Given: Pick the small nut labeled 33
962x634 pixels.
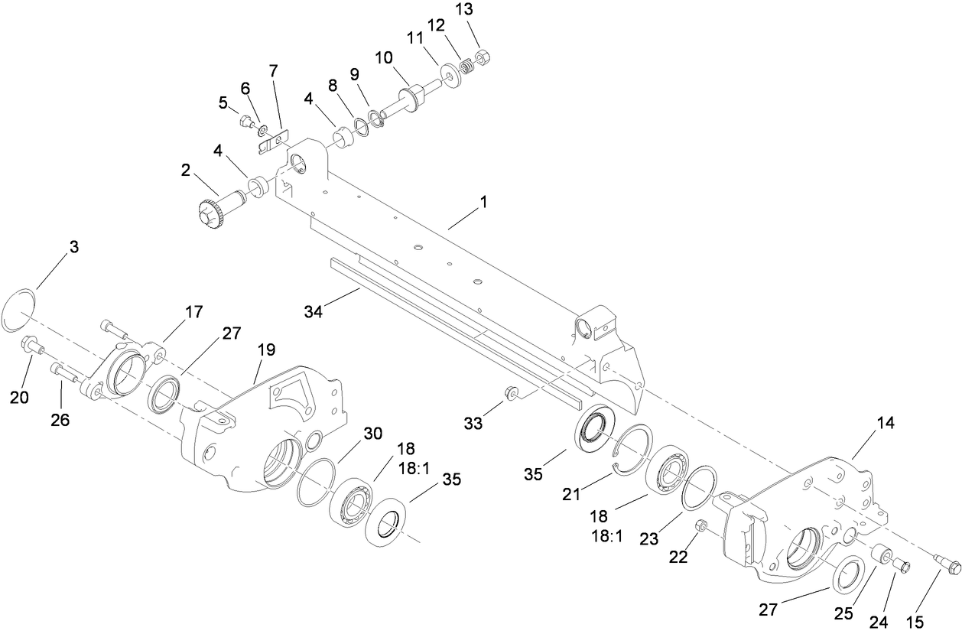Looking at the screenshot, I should click(511, 394).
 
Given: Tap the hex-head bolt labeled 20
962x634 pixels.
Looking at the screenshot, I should click(31, 346).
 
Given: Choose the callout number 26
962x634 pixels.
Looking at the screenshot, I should click(60, 420).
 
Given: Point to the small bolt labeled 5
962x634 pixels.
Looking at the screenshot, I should click(247, 120).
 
